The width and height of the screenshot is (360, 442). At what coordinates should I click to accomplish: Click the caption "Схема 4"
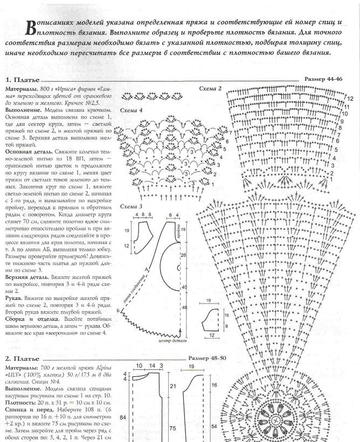tap(131, 110)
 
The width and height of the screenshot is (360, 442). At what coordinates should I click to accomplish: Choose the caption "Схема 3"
tap(131, 206)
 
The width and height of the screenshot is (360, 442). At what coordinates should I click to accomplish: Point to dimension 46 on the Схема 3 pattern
tap(184, 306)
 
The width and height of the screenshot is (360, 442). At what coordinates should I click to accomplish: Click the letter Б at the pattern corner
tap(117, 311)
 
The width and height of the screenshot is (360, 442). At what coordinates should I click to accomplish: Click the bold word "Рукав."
tap(15, 297)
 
